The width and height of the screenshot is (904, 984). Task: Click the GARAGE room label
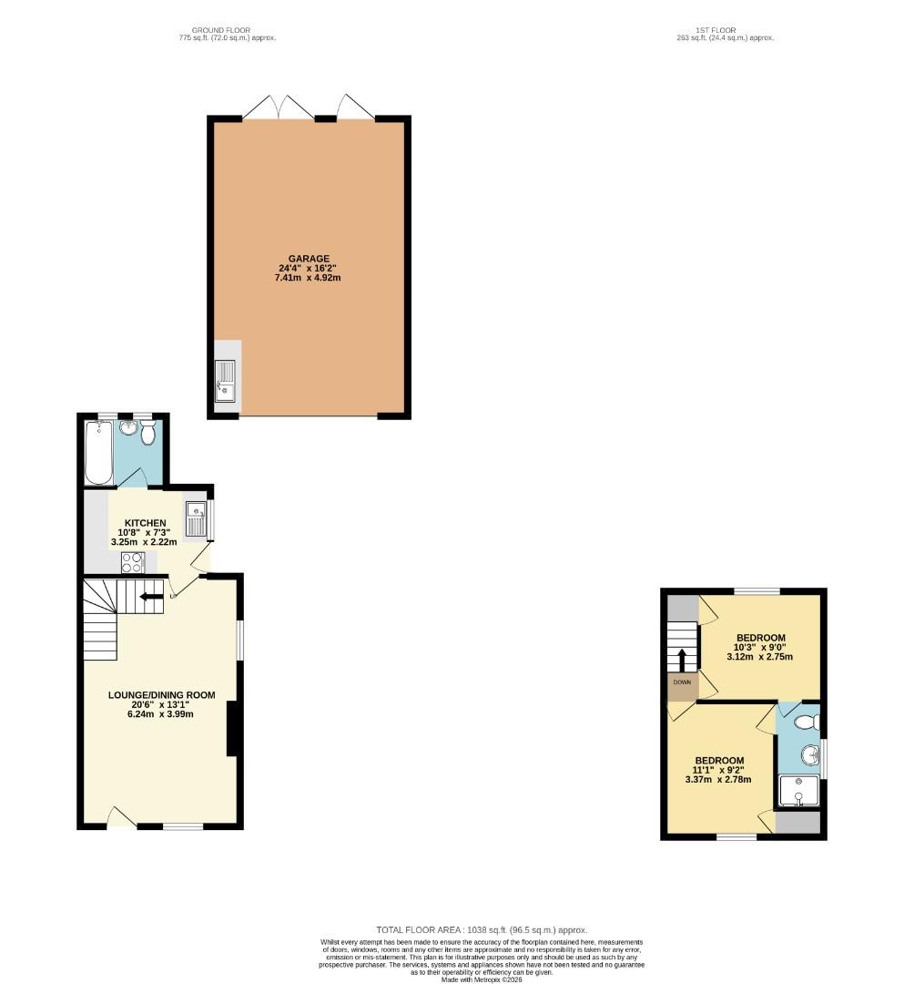click(x=310, y=258)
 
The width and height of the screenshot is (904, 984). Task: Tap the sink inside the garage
click(x=225, y=380)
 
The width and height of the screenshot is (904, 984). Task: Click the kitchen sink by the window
click(x=196, y=519)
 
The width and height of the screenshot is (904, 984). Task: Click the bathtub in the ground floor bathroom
click(x=98, y=451)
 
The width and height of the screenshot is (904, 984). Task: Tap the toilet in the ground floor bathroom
click(x=148, y=433)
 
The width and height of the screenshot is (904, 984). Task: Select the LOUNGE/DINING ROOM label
click(x=162, y=694)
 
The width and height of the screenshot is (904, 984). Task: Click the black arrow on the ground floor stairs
click(x=152, y=597)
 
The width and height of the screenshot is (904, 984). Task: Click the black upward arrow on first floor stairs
click(x=682, y=658)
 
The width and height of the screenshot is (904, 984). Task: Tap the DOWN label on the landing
click(x=682, y=682)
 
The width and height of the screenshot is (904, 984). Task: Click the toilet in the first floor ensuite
click(x=806, y=723)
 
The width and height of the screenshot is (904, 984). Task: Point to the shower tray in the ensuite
click(x=798, y=790)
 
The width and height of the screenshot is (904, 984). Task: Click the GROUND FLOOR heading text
click(x=227, y=30)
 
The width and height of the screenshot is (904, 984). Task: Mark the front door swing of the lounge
click(x=118, y=815)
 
